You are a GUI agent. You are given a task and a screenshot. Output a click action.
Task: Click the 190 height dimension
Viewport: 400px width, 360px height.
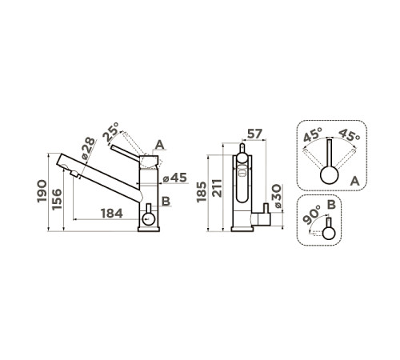point(42,191)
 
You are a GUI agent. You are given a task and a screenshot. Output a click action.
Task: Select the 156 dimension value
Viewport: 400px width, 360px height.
point(57,199)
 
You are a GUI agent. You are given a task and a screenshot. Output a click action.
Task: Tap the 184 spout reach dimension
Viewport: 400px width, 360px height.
point(112,214)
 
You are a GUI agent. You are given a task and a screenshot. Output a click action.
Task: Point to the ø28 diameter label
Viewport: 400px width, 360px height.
point(88,148)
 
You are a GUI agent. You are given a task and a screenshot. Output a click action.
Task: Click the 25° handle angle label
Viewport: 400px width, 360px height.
point(111,132)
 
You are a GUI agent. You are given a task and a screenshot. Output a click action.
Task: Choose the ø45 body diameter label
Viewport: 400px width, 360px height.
point(175,178)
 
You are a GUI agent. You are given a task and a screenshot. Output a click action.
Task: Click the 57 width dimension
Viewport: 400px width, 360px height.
point(254,134)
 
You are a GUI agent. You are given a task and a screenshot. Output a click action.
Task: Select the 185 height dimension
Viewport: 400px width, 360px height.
point(202,192)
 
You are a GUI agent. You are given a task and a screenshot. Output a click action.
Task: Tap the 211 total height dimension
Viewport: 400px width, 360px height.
point(217,188)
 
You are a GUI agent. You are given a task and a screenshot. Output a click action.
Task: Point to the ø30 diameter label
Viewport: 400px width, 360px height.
point(277,196)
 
